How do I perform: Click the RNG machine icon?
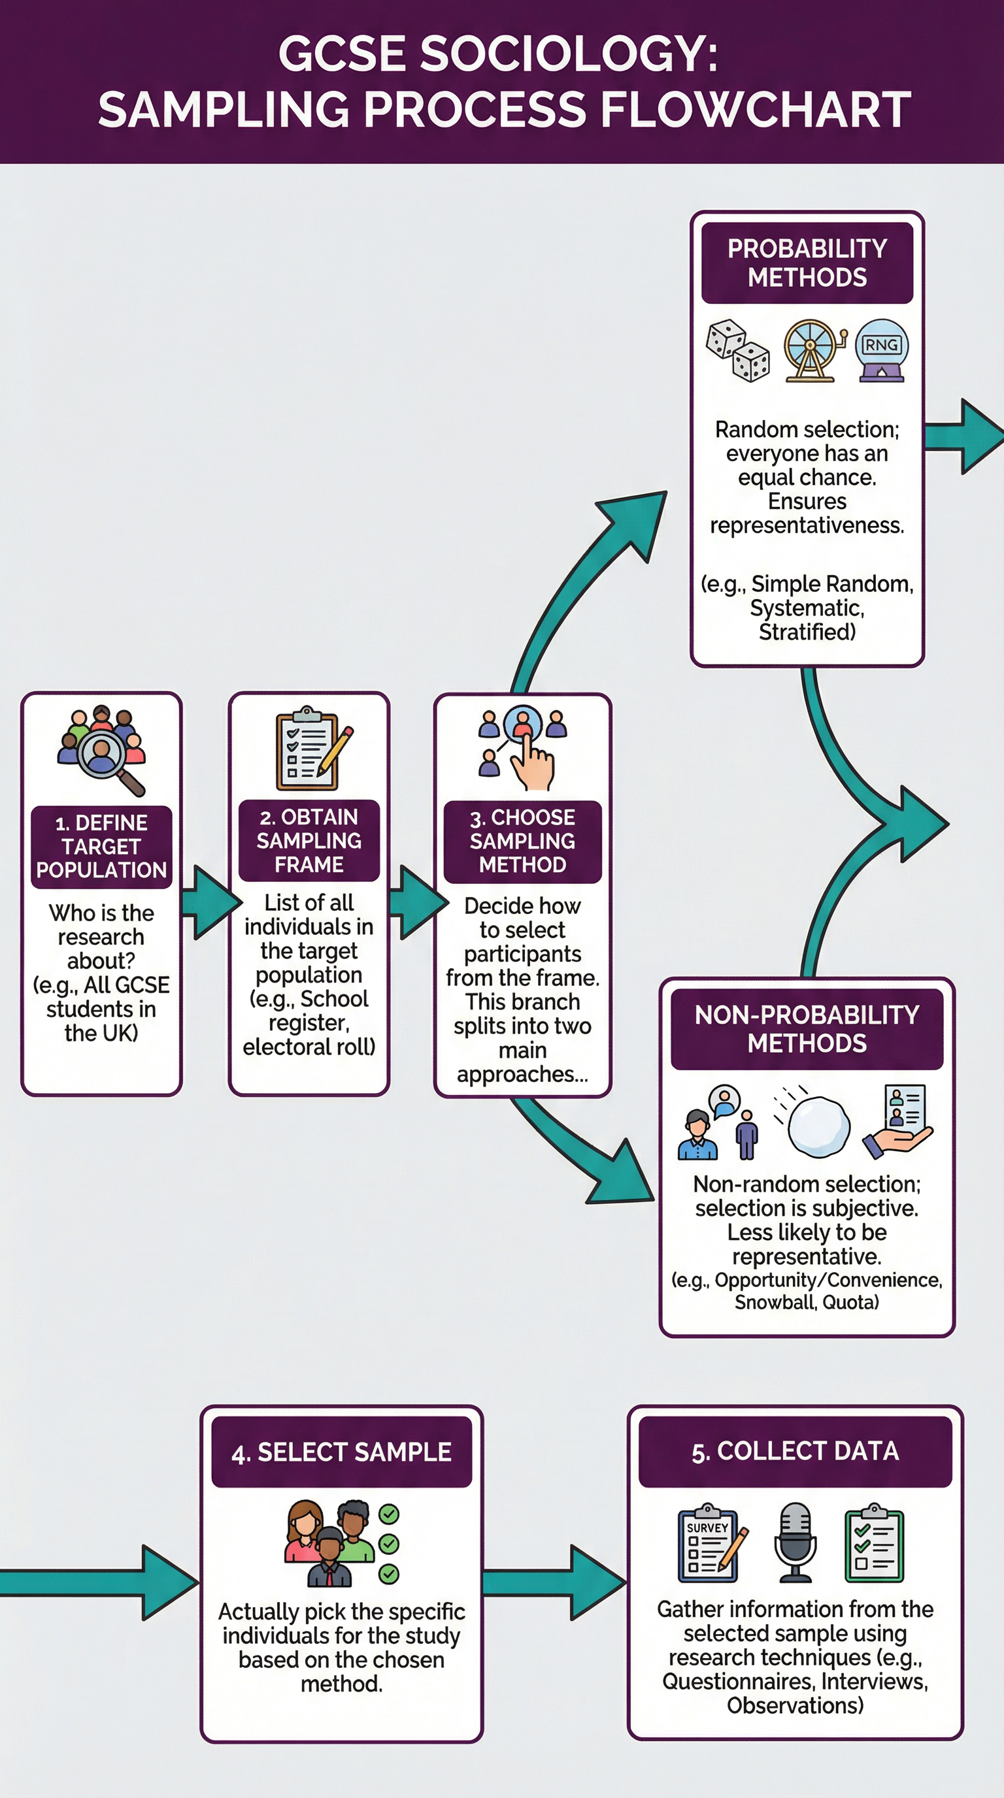click(x=881, y=350)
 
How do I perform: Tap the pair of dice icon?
click(x=737, y=350)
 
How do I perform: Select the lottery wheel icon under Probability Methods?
click(x=811, y=350)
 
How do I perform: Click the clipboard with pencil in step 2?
click(x=312, y=749)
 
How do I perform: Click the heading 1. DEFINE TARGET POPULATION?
click(x=101, y=846)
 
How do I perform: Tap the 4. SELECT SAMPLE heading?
click(x=341, y=1452)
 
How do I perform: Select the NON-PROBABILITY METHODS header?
click(x=807, y=1029)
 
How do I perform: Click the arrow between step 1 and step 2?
click(x=208, y=902)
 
